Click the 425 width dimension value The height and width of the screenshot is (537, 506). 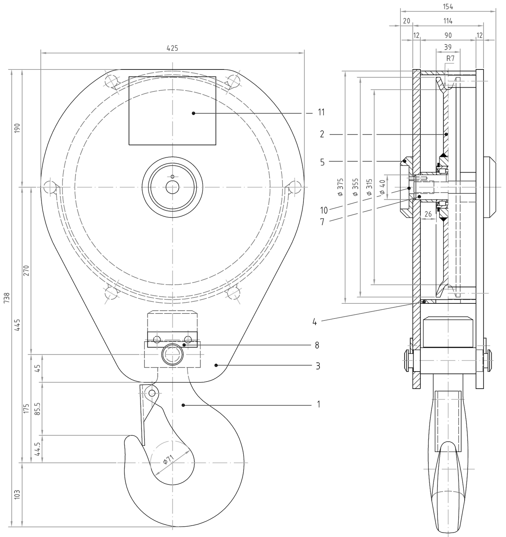[172, 48]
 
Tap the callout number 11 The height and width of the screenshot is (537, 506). [321, 112]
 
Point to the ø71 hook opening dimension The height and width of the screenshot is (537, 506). [168, 459]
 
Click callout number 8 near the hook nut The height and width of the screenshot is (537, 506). [317, 345]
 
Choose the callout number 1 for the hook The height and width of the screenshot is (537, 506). [318, 404]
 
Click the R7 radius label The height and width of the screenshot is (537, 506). [450, 58]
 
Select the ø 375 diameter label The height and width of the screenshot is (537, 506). [340, 187]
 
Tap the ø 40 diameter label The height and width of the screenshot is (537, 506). [382, 187]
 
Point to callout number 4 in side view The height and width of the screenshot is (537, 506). [314, 323]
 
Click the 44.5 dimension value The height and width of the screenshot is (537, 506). [38, 449]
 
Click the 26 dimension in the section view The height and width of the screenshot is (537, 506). [428, 214]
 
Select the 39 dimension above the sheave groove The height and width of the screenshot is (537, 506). [448, 47]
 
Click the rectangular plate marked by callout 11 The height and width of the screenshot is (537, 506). [172, 111]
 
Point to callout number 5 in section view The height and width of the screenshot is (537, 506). [322, 162]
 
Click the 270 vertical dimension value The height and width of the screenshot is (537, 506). [27, 271]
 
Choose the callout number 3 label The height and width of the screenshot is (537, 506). [318, 366]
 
